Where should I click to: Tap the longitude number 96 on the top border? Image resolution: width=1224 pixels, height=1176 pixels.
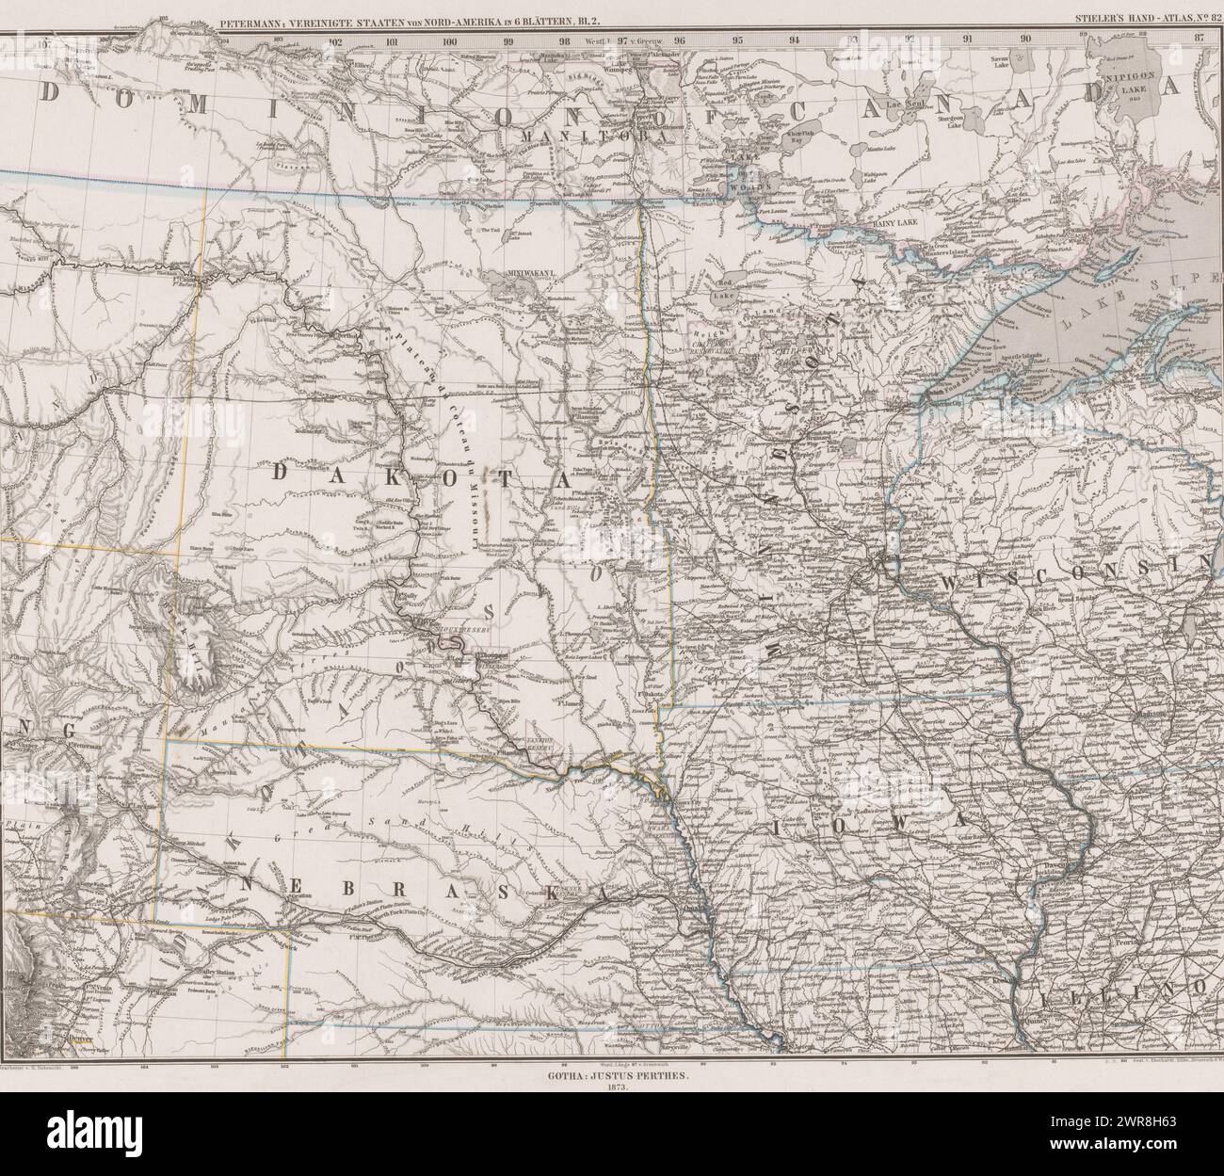pyautogui.click(x=679, y=40)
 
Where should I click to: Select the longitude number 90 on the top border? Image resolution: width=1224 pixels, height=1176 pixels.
pyautogui.click(x=1024, y=40)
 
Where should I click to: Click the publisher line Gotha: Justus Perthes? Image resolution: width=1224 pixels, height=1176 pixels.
pyautogui.click(x=611, y=1071)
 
